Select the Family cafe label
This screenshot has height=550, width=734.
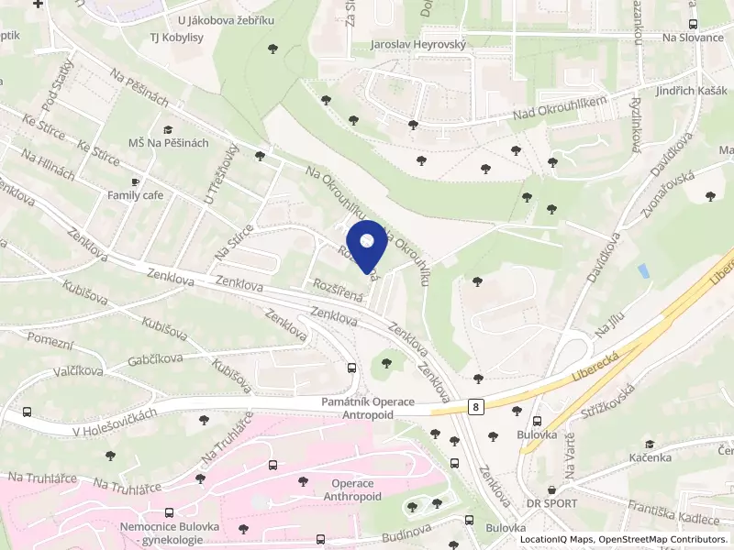(x=135, y=195)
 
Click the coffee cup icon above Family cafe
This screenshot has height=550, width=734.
(x=136, y=182)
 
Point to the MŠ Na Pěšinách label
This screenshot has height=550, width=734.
(x=169, y=143)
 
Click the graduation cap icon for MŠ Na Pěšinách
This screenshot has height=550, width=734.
(x=168, y=130)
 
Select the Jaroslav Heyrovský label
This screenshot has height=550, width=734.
(x=418, y=44)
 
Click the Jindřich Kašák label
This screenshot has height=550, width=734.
(x=680, y=93)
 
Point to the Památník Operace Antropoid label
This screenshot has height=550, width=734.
(x=368, y=408)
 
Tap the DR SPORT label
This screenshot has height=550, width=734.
(x=551, y=503)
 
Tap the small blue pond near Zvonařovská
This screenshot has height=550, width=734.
(x=643, y=271)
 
